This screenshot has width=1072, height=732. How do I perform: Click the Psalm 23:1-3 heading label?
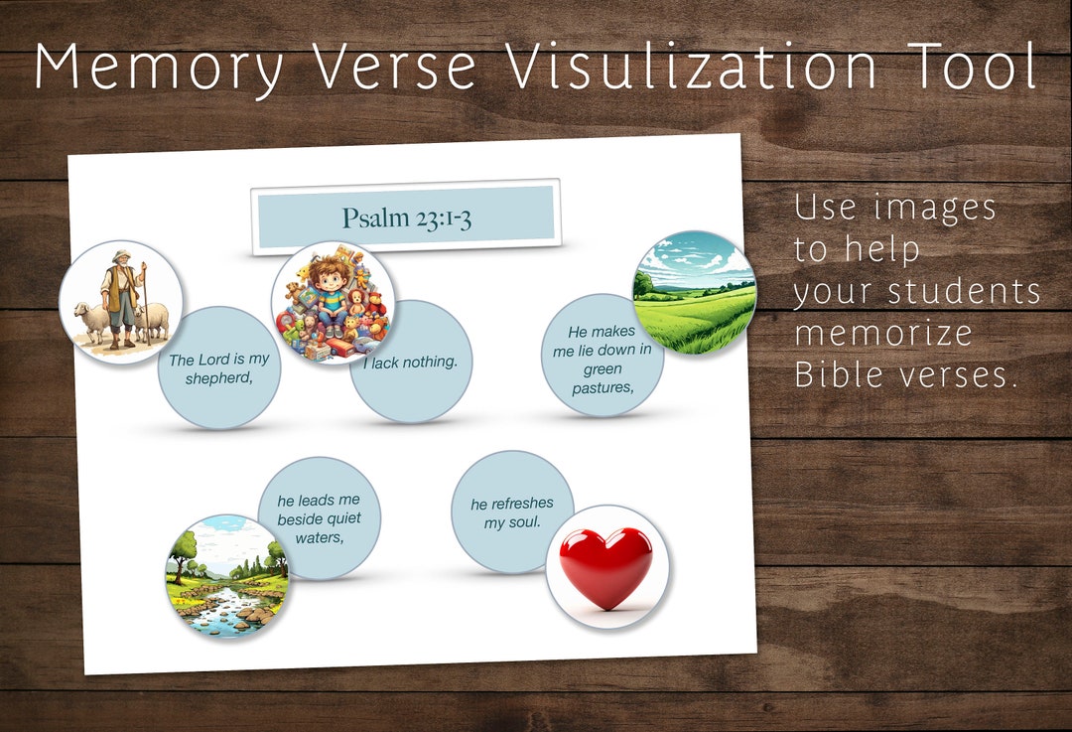(x=406, y=218)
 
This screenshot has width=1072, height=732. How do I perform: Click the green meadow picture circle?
(x=694, y=294)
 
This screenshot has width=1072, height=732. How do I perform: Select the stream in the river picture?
(x=223, y=606)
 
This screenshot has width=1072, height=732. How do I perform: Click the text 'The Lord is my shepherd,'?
(x=218, y=368)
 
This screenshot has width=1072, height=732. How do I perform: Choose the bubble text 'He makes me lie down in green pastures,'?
(x=603, y=360)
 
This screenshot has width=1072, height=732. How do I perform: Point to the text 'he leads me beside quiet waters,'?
(x=319, y=518)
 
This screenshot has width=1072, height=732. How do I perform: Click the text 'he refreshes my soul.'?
(x=512, y=512)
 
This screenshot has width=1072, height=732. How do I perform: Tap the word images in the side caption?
(x=936, y=209)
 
